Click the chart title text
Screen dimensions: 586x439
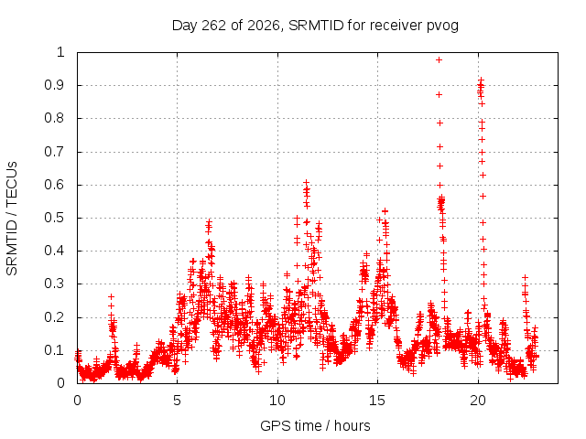[315, 26]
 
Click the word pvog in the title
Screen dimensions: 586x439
[443, 27]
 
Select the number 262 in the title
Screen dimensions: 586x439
[213, 26]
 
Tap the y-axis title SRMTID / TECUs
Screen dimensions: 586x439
[12, 219]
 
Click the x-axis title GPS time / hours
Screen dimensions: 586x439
[315, 425]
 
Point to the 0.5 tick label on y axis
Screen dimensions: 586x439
[55, 218]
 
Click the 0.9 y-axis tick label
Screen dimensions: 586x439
[55, 85]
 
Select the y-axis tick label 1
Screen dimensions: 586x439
[61, 52]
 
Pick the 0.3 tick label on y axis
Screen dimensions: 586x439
[55, 284]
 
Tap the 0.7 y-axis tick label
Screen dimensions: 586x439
[55, 152]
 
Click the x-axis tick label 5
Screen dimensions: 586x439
[177, 401]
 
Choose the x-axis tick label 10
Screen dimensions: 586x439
[277, 401]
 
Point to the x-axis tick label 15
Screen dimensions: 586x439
[377, 401]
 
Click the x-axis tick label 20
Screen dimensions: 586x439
[478, 401]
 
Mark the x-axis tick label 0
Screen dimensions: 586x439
[77, 401]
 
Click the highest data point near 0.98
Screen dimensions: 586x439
[439, 59]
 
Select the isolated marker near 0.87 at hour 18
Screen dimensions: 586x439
[439, 95]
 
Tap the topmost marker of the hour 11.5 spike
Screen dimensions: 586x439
[306, 183]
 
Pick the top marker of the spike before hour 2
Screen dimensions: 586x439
[111, 296]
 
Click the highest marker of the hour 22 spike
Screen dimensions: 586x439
[525, 277]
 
